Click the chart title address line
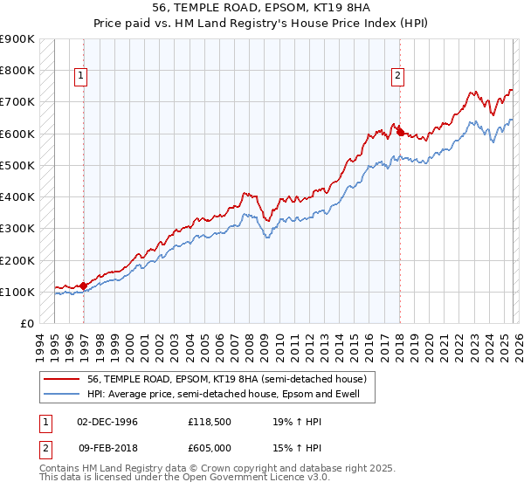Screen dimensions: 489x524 coord(261,6)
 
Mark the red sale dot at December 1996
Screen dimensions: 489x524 coord(84,286)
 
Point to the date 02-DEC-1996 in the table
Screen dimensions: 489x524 coord(107,422)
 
